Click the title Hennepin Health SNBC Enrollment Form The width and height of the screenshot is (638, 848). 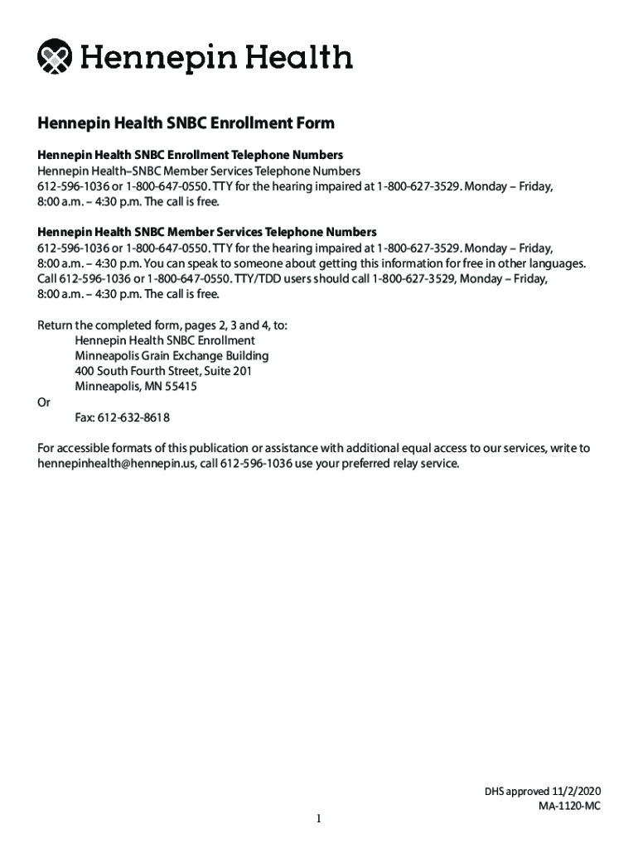click(186, 123)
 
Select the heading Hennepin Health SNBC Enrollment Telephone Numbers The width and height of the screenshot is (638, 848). click(190, 155)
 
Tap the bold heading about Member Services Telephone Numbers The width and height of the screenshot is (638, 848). click(207, 232)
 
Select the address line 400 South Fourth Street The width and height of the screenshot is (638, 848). click(162, 371)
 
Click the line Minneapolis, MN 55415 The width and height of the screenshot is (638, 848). click(135, 387)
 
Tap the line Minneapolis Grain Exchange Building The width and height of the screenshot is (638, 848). click(171, 356)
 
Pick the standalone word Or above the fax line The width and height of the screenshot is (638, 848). click(44, 402)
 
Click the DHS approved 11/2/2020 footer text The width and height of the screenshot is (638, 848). click(542, 792)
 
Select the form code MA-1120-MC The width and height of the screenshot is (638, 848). click(568, 807)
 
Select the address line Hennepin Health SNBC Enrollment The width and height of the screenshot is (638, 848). click(164, 340)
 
